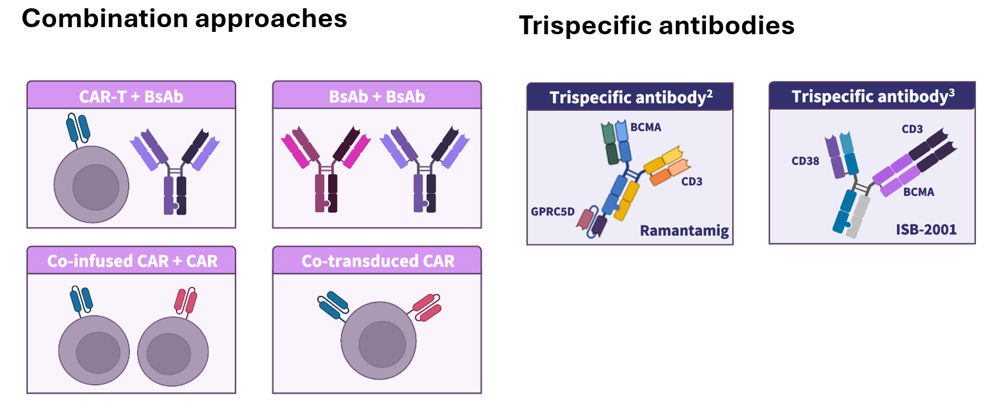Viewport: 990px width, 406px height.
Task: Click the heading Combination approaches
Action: [x=184, y=19]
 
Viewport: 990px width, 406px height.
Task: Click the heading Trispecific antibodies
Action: [x=656, y=26]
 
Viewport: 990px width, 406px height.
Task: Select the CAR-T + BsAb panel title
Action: [x=131, y=97]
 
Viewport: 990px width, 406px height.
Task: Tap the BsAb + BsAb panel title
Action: [x=377, y=97]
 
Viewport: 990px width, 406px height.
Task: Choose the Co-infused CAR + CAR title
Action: [x=132, y=261]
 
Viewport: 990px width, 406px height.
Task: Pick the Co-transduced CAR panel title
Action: [x=378, y=261]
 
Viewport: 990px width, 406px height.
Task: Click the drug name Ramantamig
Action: [x=684, y=230]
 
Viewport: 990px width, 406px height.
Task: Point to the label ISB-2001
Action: [x=926, y=230]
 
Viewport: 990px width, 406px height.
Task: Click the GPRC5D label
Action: [x=553, y=211]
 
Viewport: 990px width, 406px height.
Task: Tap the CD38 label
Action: [x=805, y=161]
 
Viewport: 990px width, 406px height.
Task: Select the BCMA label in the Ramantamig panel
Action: [x=646, y=127]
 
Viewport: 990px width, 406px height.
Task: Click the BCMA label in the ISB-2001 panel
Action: [x=919, y=192]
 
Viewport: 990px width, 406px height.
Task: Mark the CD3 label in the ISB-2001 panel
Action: [x=912, y=129]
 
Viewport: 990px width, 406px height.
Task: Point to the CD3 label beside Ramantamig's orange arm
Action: [x=692, y=182]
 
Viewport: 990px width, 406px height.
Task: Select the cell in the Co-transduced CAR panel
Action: [x=378, y=340]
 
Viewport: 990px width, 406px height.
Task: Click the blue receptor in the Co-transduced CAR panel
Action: [x=333, y=304]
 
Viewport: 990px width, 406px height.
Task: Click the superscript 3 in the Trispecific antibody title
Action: [x=952, y=93]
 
